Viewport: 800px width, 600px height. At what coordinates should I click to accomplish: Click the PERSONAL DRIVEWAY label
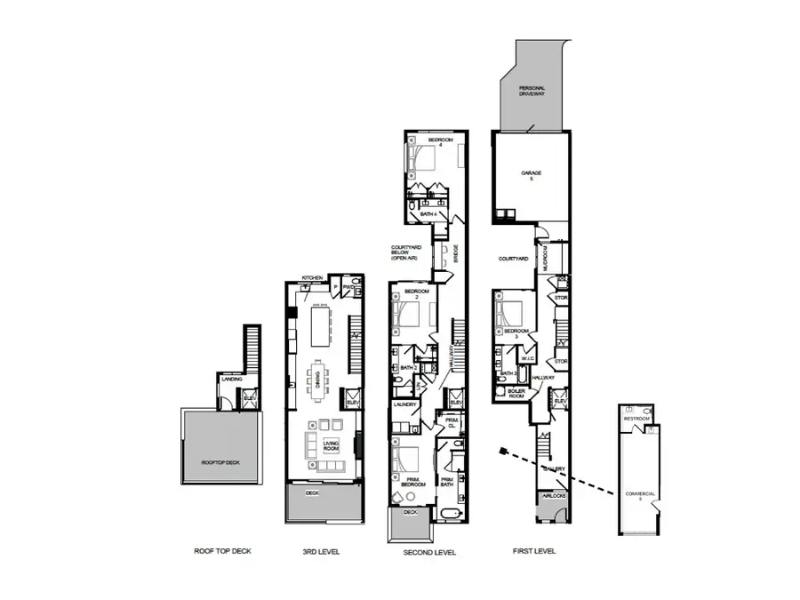pyautogui.click(x=532, y=92)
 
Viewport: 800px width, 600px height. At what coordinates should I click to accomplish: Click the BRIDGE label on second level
pyautogui.click(x=456, y=253)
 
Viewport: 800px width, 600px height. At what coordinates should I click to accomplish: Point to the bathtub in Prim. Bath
pyautogui.click(x=445, y=514)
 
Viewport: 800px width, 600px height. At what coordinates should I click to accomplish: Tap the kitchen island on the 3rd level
pyautogui.click(x=317, y=321)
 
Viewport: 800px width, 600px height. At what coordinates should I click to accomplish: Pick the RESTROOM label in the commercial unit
pyautogui.click(x=636, y=418)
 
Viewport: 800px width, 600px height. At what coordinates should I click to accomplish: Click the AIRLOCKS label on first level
pyautogui.click(x=553, y=496)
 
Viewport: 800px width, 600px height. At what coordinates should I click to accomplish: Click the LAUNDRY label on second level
pyautogui.click(x=404, y=405)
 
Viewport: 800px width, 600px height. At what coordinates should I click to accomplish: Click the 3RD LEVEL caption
pyautogui.click(x=321, y=551)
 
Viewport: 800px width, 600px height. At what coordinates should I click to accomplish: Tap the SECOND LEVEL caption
pyautogui.click(x=428, y=551)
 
